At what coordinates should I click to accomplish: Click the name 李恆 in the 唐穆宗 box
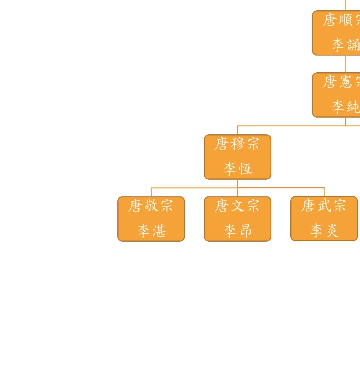(238, 169)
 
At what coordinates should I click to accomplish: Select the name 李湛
(151, 231)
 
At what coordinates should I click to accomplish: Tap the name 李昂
(238, 231)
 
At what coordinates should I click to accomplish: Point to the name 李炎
(324, 230)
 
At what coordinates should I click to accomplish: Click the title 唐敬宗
(151, 206)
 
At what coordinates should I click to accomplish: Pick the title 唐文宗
(237, 206)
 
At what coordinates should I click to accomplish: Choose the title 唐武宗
(324, 206)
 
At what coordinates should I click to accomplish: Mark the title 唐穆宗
(237, 144)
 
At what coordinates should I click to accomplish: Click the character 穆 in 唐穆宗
(237, 144)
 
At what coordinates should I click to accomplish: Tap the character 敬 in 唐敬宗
(151, 206)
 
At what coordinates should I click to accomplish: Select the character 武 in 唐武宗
(324, 206)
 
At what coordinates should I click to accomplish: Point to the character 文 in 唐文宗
(237, 206)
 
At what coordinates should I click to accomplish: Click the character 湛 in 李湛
(159, 231)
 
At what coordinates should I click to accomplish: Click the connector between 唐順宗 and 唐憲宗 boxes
(346, 64)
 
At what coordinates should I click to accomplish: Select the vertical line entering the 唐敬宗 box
(151, 192)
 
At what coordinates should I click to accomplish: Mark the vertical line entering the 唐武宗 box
(324, 192)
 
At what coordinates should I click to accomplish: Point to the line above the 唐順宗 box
(346, 5)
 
